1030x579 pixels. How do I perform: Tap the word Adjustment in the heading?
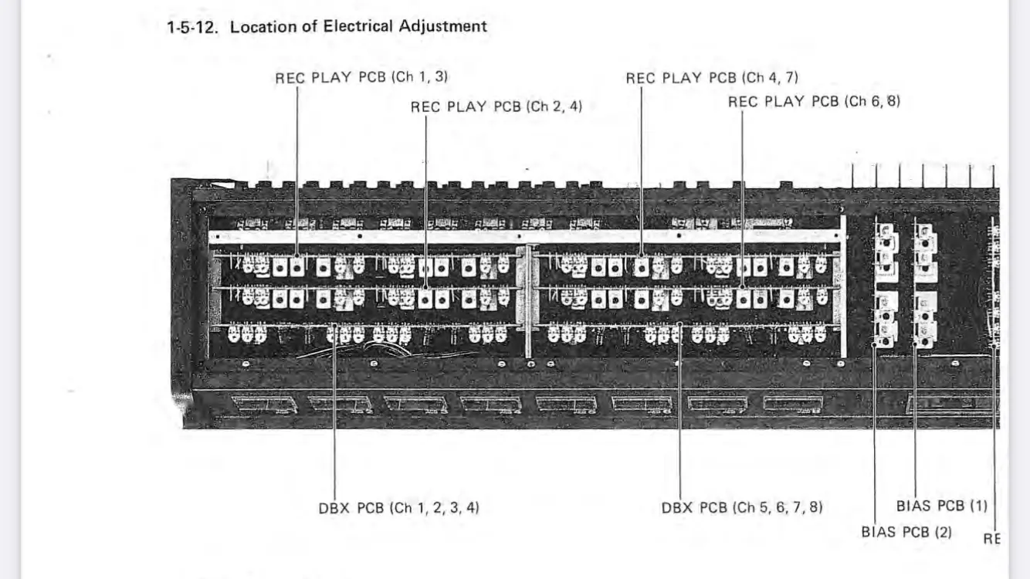pos(442,26)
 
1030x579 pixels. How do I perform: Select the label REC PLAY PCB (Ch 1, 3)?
pos(361,77)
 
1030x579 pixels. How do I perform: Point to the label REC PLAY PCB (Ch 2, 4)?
pos(496,107)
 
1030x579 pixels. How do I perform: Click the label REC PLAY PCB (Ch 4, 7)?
pos(712,78)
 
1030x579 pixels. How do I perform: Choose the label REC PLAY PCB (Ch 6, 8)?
pos(814,101)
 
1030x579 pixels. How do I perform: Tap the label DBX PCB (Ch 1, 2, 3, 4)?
pos(398,508)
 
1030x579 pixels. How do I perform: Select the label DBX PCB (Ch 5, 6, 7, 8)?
pos(742,508)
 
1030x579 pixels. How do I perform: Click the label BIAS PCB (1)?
pos(941,506)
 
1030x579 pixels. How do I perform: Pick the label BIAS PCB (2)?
pos(906,532)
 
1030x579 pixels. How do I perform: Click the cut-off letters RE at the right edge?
pos(991,539)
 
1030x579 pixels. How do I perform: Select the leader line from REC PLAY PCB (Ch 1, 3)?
pos(297,154)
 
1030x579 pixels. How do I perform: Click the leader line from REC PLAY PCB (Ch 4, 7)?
pos(641,154)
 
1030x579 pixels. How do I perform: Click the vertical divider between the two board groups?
pos(528,301)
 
